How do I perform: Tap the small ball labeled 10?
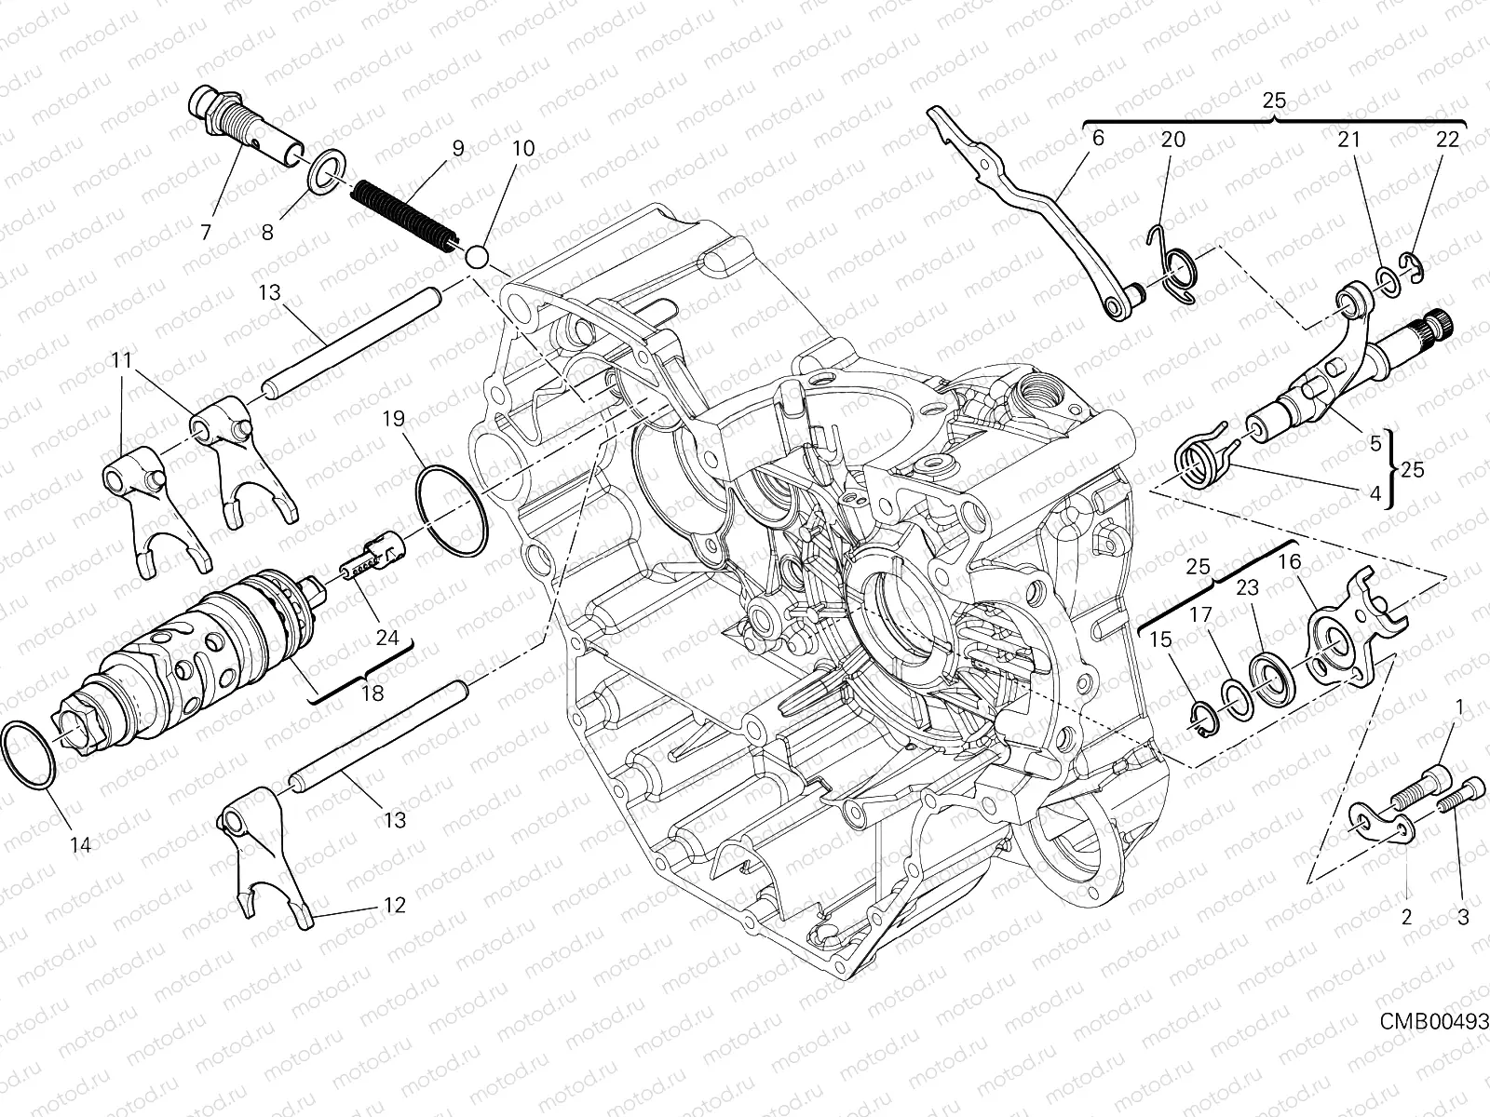(x=477, y=255)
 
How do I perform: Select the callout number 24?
(x=386, y=639)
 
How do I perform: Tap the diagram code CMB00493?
(x=1433, y=1019)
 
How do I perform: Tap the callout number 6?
(x=1098, y=139)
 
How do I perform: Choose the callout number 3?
(x=1462, y=917)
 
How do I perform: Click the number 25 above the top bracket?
(x=1275, y=100)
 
